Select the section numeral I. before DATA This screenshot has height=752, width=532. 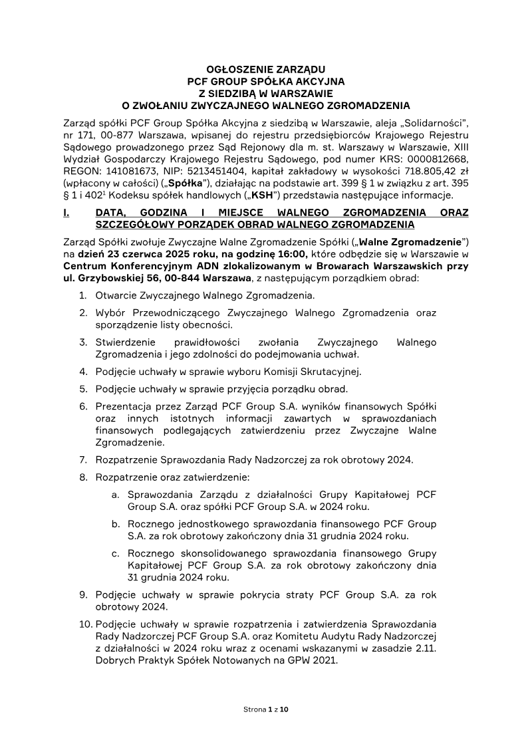point(65,213)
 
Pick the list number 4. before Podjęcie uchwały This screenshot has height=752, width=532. point(84,372)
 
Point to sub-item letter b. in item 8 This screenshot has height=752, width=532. point(116,524)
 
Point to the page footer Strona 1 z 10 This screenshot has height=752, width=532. point(266,709)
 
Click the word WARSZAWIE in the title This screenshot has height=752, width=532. point(302,93)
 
